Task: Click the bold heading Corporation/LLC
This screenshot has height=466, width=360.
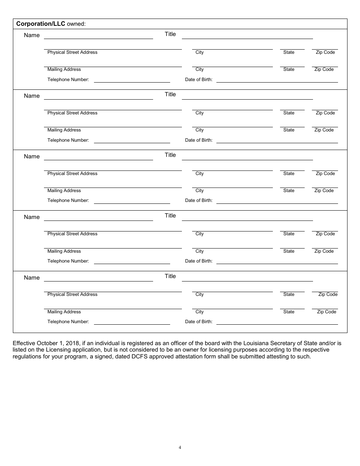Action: [41, 24]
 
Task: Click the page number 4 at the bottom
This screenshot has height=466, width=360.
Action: [180, 447]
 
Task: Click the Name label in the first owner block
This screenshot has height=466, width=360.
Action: [32, 35]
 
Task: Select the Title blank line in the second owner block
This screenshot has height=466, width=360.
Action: [247, 99]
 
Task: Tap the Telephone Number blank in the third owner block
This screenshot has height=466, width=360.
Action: [132, 203]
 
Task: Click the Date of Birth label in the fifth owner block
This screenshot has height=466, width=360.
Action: [199, 322]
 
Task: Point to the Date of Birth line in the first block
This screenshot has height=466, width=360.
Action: [277, 81]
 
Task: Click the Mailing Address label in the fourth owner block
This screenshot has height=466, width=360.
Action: [64, 251]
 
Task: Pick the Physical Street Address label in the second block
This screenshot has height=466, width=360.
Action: [72, 113]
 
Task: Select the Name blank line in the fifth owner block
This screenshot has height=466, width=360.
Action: [99, 280]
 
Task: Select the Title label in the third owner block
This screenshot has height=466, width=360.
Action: [170, 155]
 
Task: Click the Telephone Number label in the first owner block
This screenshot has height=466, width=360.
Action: [68, 80]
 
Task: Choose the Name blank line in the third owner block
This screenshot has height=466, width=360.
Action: [99, 159]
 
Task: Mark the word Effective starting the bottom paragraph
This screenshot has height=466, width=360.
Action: [24, 343]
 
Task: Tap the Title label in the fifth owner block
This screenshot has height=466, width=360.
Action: [170, 276]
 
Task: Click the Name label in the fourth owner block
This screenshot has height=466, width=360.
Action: [32, 217]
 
